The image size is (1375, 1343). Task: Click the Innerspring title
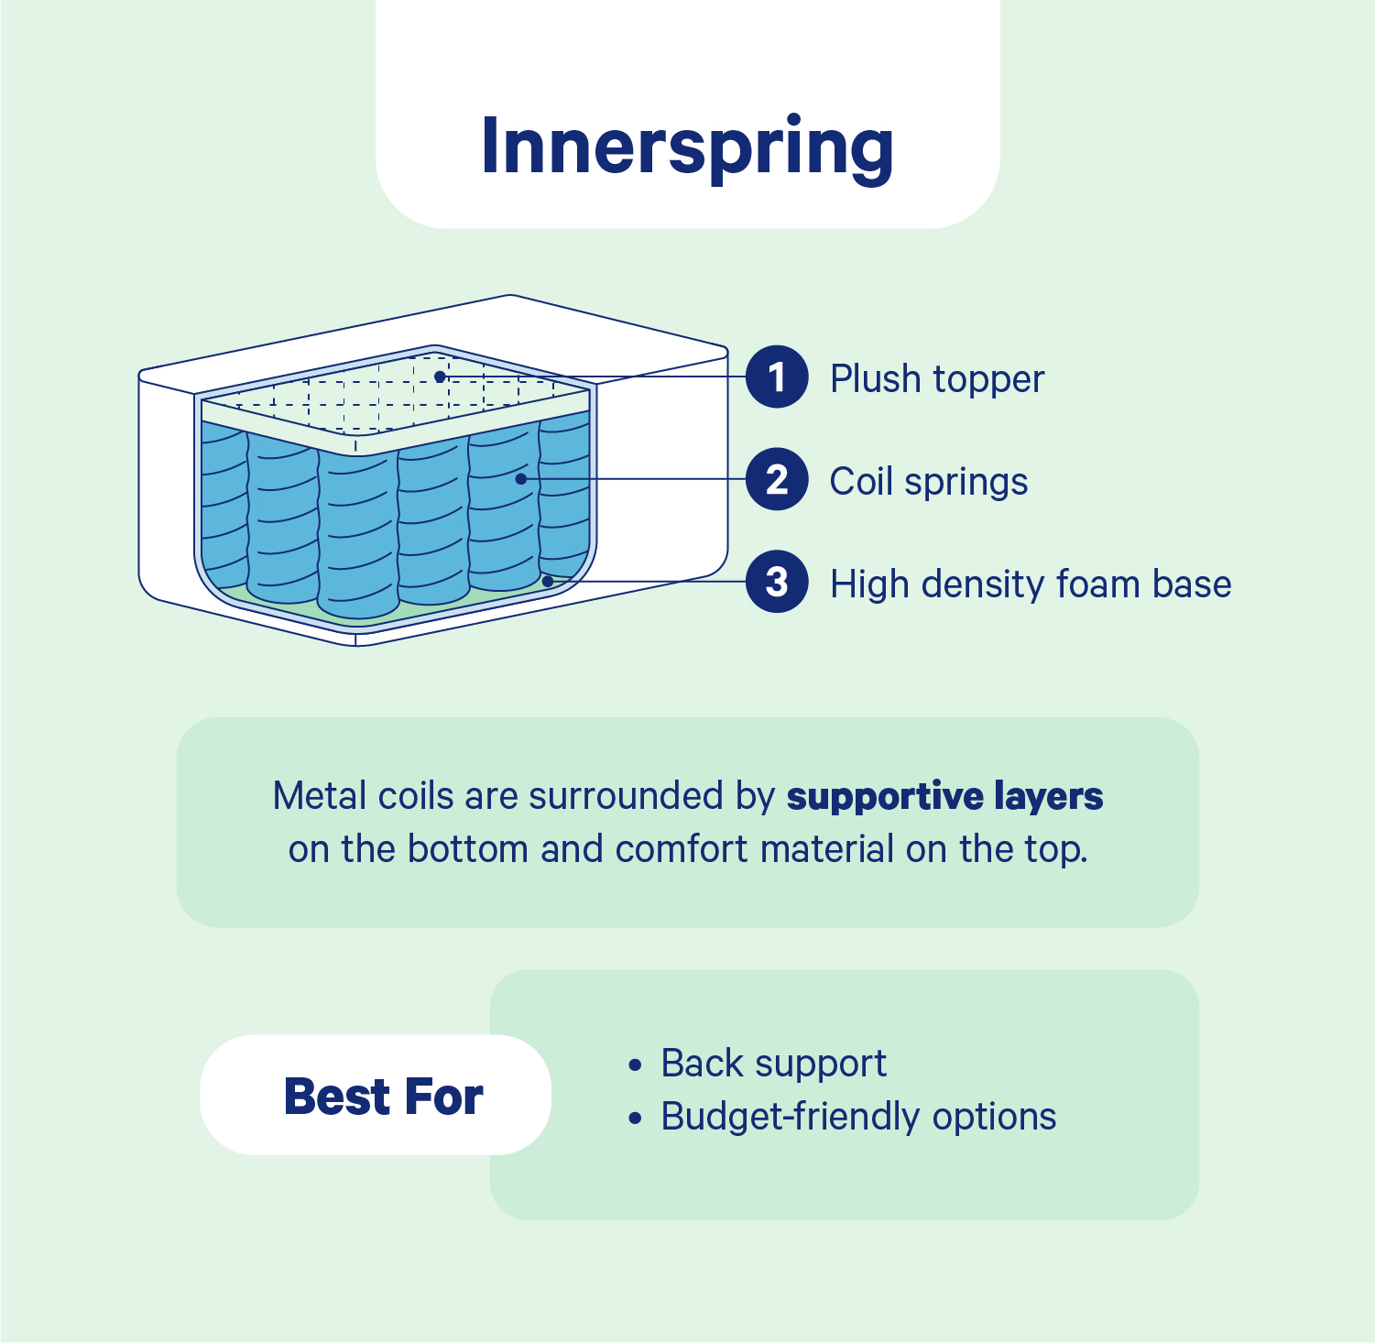coord(687,147)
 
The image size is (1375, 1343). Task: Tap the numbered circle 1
coord(777,377)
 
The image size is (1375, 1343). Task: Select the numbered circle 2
coord(777,479)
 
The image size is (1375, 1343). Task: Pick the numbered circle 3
coord(777,582)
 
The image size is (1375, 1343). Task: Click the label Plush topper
coord(937,379)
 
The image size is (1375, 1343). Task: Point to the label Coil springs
coord(929,482)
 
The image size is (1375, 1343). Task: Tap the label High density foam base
coord(1031,584)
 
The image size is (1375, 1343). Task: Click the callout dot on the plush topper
coord(440,377)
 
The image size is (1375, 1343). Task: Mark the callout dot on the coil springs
coord(520,479)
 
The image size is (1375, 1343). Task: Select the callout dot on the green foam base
coord(548,581)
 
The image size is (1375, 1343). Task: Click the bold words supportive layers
coord(945,797)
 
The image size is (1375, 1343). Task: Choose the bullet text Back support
coord(774,1064)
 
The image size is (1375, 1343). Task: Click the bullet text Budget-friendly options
coord(859,1117)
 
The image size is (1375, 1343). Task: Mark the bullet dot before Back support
coord(636,1065)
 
